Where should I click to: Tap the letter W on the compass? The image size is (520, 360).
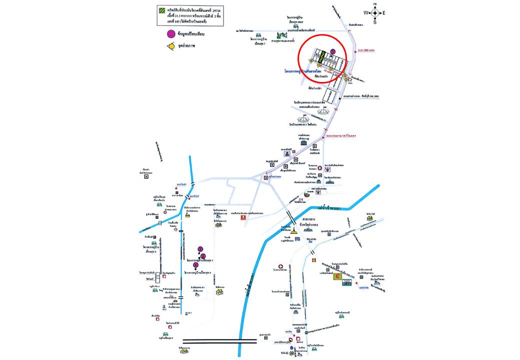click(x=366, y=12)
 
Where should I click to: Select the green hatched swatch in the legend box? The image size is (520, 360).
click(x=160, y=9)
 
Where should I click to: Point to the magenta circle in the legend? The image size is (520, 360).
click(x=171, y=34)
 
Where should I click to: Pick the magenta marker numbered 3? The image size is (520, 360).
click(x=200, y=248)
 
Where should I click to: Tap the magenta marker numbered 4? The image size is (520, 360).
click(x=196, y=265)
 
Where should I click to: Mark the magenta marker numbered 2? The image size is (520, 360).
click(x=203, y=256)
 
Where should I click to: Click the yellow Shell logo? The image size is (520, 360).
click(x=313, y=260)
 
